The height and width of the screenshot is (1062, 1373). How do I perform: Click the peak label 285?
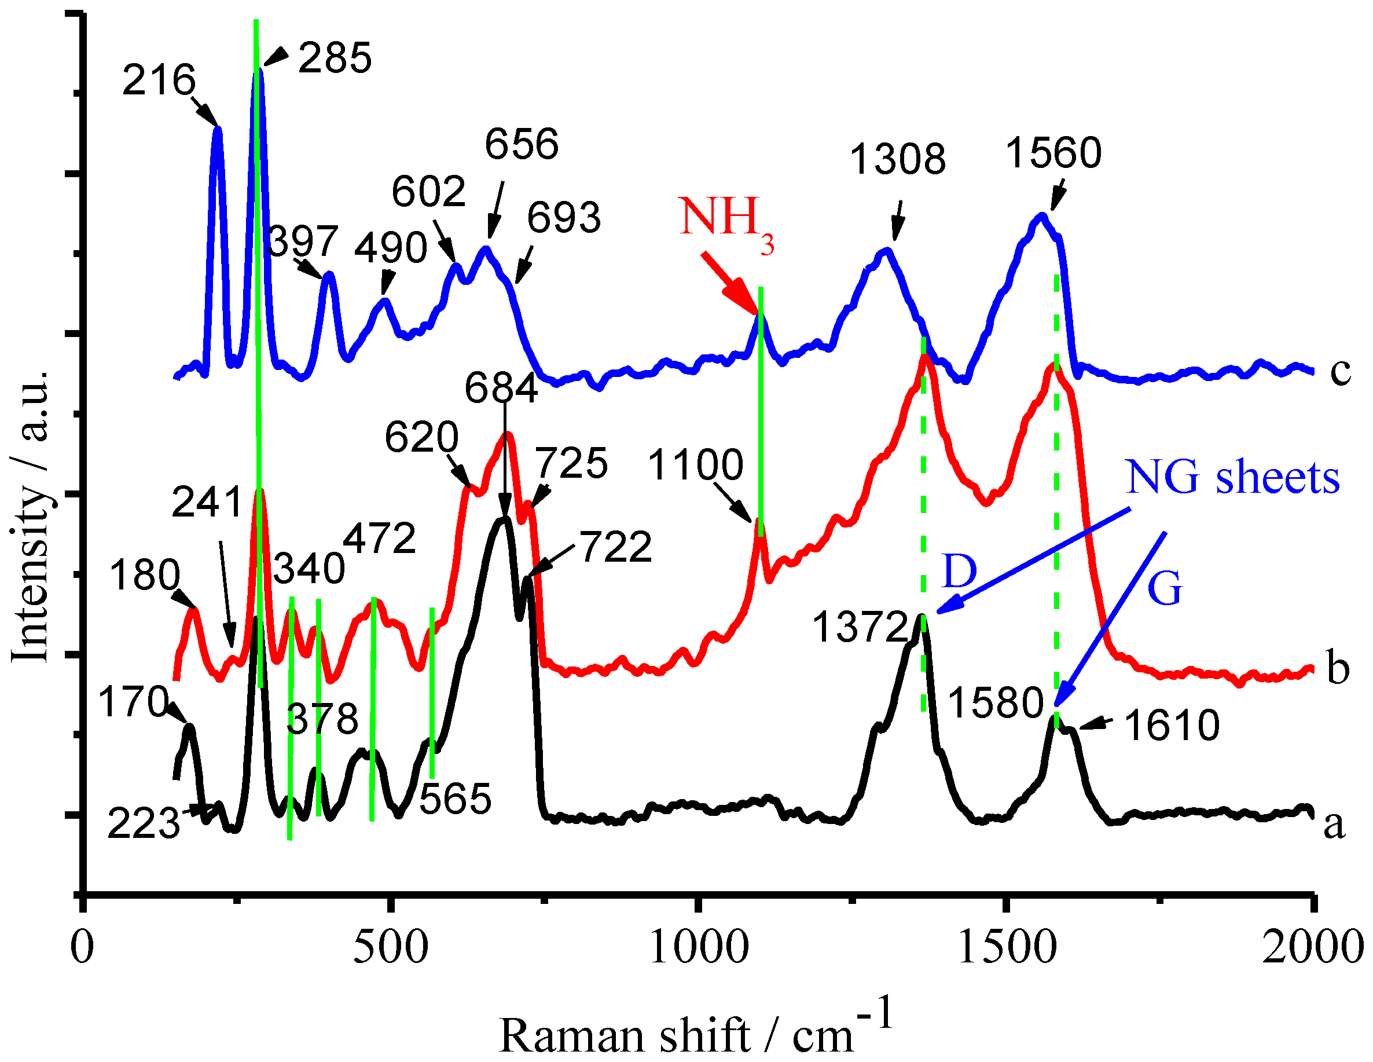335,58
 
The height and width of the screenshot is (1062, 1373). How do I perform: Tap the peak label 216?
159,80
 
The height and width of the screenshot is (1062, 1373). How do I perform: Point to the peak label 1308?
897,159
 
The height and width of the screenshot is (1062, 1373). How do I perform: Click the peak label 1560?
1053,153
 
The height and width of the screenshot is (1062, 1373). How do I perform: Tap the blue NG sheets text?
1232,478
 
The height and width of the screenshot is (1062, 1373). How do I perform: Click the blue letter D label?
959,571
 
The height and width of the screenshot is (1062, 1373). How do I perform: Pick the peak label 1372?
860,627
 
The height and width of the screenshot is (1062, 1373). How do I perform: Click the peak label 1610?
1172,726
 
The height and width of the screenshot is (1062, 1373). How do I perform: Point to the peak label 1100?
695,466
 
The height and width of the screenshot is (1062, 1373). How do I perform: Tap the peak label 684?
501,388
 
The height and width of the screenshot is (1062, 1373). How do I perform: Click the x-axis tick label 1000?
699,947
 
